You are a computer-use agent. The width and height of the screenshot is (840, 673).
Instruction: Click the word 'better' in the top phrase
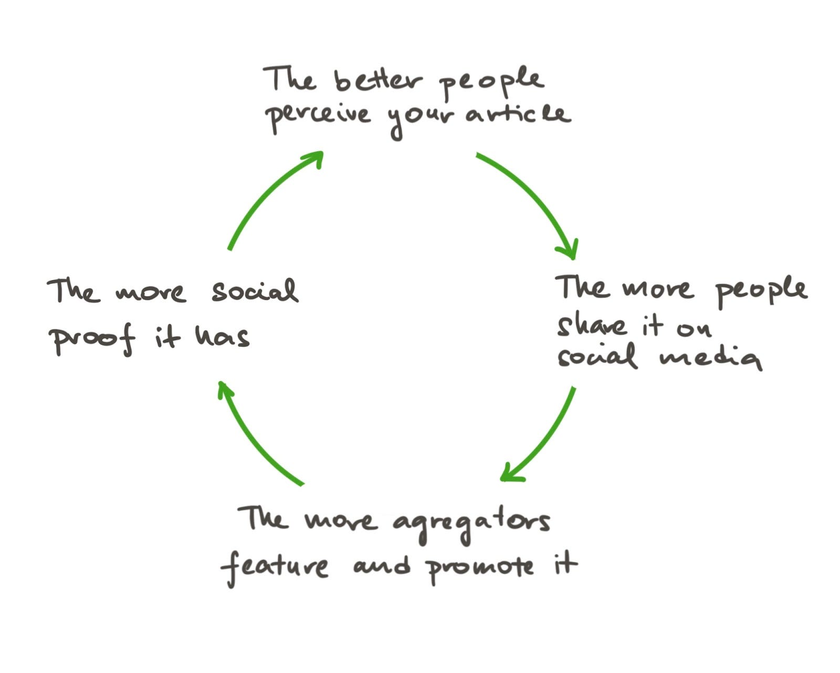(x=377, y=81)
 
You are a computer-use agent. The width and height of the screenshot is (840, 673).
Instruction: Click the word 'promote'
(x=480, y=568)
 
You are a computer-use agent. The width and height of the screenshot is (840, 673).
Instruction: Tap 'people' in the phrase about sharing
(x=761, y=291)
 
